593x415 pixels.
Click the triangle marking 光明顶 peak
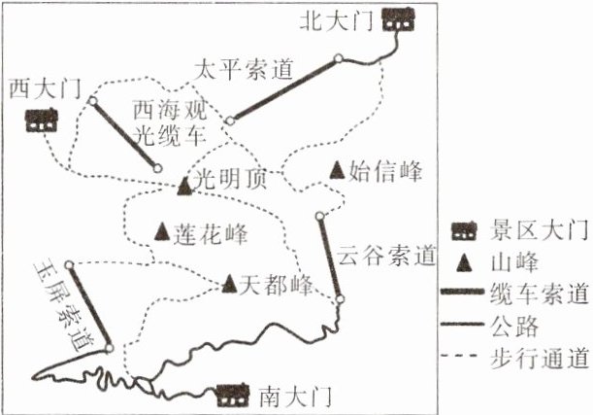click(x=185, y=184)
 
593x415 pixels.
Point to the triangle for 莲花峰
click(x=163, y=233)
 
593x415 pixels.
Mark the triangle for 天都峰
click(x=230, y=284)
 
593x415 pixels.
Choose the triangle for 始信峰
click(x=336, y=171)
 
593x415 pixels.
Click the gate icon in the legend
click(x=467, y=230)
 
